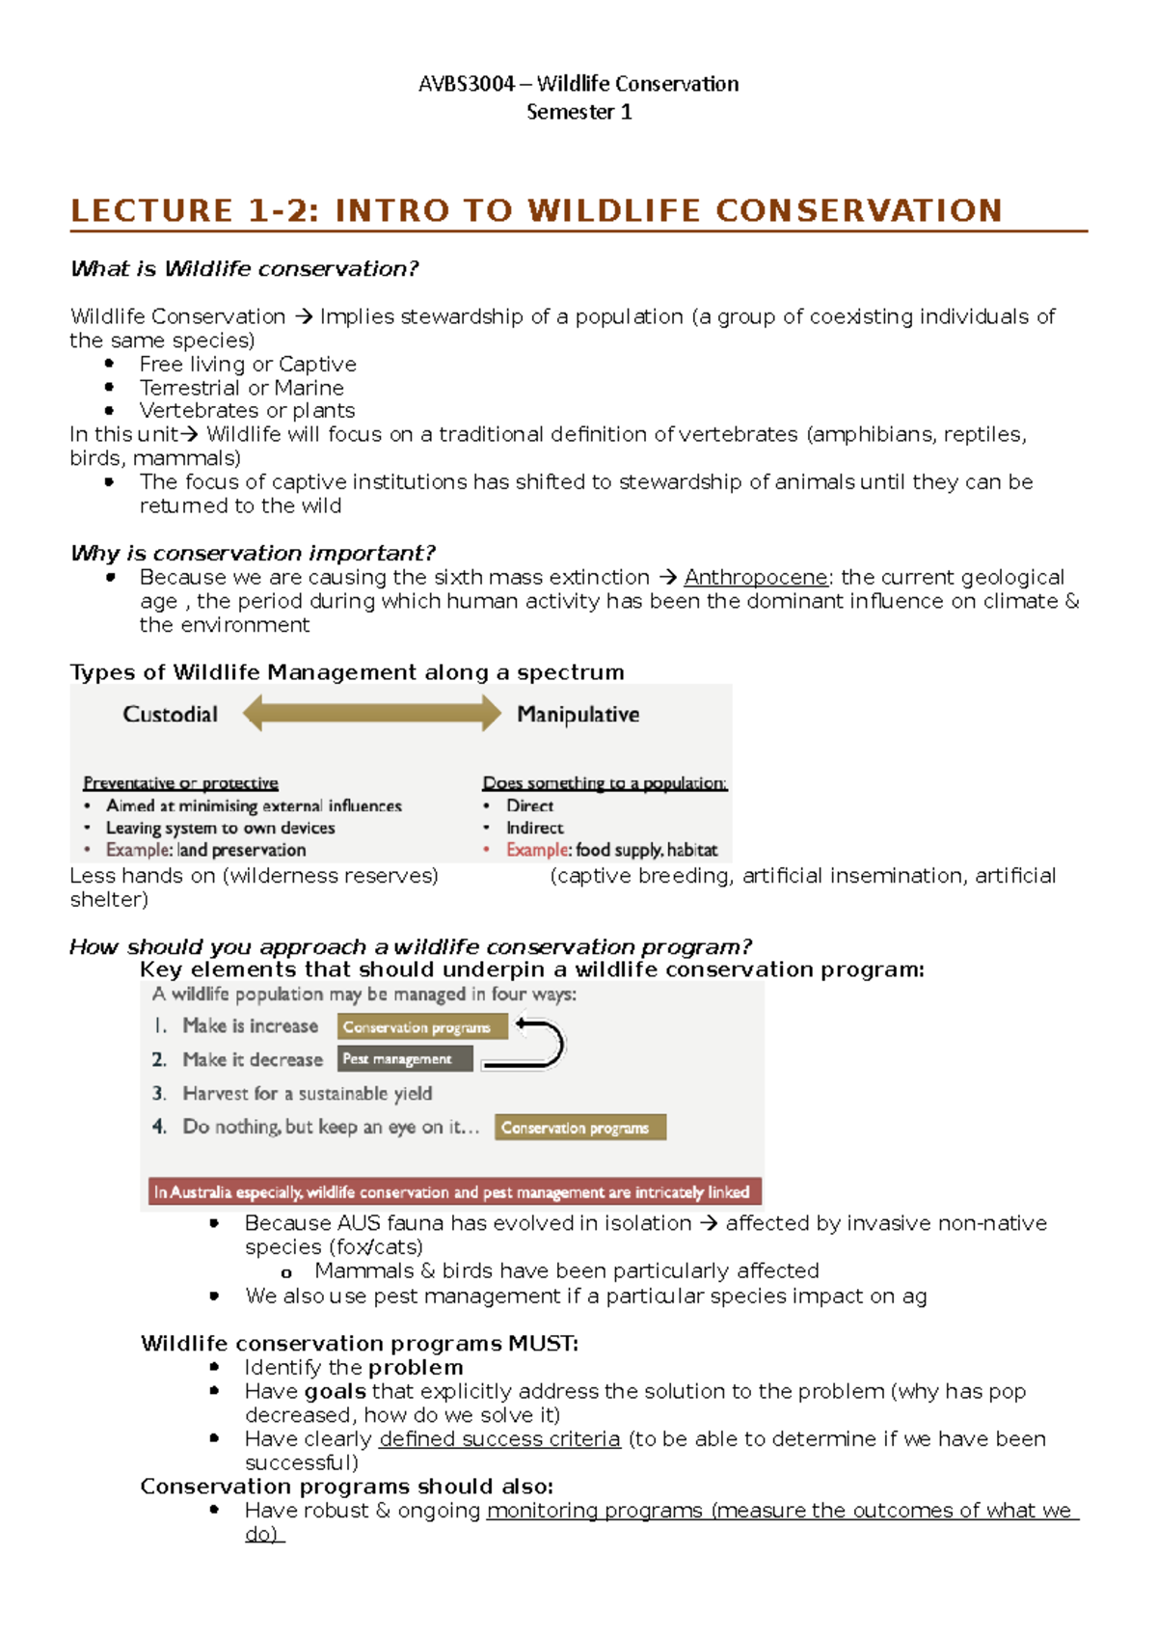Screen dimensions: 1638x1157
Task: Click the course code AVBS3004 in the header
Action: coord(467,84)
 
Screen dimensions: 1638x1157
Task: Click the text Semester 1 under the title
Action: coord(578,112)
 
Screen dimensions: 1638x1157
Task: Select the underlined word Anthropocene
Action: coord(756,577)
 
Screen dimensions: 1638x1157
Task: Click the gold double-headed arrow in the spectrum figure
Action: coord(371,714)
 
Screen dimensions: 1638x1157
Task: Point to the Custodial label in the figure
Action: coord(170,714)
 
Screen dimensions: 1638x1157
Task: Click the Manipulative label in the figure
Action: coord(578,714)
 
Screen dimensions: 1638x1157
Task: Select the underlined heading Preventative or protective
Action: coord(180,782)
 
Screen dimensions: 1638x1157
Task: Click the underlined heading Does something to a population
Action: coord(605,782)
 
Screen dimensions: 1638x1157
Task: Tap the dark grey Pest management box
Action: coord(405,1059)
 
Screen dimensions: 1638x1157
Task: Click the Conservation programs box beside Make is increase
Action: coord(421,1027)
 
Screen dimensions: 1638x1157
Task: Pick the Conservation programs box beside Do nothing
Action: coord(579,1128)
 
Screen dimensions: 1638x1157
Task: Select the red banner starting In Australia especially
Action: coord(455,1192)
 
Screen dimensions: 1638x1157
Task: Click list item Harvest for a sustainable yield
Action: coord(307,1093)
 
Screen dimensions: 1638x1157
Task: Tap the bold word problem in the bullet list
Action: coord(415,1367)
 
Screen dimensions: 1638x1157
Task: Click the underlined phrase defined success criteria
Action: coord(499,1438)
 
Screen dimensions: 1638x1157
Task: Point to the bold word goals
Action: coord(335,1391)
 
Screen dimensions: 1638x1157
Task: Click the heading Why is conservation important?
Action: coord(253,553)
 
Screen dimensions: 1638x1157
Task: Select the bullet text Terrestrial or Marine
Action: coord(241,388)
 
